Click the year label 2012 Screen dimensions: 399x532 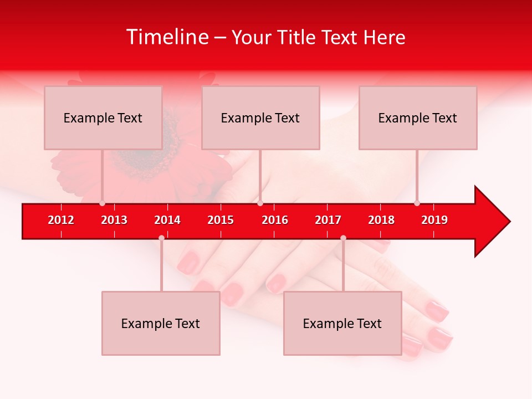point(61,220)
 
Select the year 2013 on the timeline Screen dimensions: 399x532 point(114,220)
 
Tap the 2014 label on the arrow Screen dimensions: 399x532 point(167,220)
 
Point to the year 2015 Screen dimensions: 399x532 point(221,220)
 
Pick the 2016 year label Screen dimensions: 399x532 point(275,220)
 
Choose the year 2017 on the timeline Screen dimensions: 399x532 point(328,220)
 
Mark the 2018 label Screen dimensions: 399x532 point(381,220)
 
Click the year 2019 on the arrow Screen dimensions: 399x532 point(434,220)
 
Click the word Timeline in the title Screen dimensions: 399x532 point(167,37)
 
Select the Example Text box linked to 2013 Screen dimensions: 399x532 point(103,117)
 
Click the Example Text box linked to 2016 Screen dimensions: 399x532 point(260,117)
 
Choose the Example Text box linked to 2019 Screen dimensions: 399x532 point(418,117)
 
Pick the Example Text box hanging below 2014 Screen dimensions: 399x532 point(161,323)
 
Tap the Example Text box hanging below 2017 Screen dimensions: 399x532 point(342,323)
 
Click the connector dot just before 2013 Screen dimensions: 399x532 point(102,203)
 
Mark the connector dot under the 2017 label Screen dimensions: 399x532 point(343,238)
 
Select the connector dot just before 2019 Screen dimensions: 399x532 point(417,203)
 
